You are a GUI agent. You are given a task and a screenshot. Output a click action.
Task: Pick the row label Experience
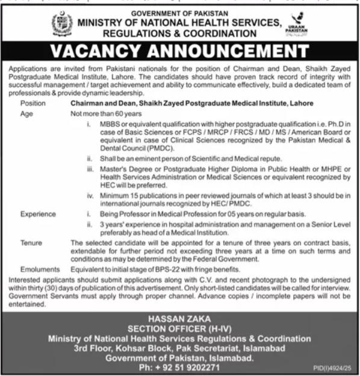38,214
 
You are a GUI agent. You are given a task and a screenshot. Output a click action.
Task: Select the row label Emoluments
39,268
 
